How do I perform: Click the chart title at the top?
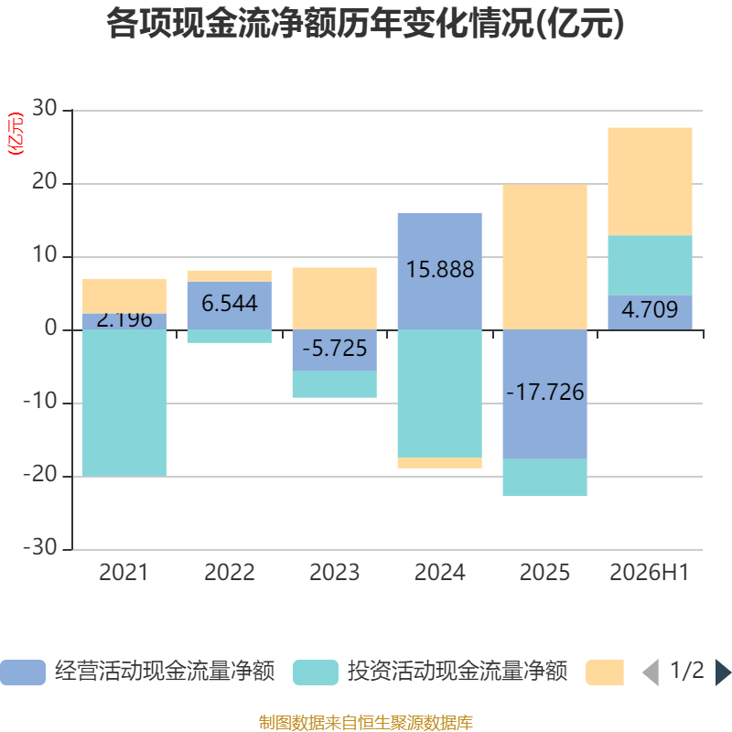pos(365,24)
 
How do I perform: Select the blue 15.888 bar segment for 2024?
pos(440,271)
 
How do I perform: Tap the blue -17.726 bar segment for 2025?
pos(544,394)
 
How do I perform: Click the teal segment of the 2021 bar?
pos(124,403)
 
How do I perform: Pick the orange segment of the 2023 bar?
pos(335,299)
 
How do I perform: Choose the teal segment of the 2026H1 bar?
pos(650,265)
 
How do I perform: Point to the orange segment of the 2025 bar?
pos(544,257)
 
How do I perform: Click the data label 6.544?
pos(230,304)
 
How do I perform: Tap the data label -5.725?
pos(335,349)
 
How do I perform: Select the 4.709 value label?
pos(650,309)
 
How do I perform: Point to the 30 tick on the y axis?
pos(44,108)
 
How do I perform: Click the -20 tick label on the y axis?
pos(40,475)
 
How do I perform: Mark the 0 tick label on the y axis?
pos(51,328)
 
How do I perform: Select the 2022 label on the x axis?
pos(230,573)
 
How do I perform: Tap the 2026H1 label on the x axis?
pos(650,573)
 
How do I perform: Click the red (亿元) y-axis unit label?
pos(16,134)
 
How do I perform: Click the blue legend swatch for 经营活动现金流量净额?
pos(23,673)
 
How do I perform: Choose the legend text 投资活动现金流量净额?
pos(457,672)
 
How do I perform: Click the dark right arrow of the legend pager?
pos(723,673)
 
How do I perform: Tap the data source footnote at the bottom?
pos(365,723)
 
